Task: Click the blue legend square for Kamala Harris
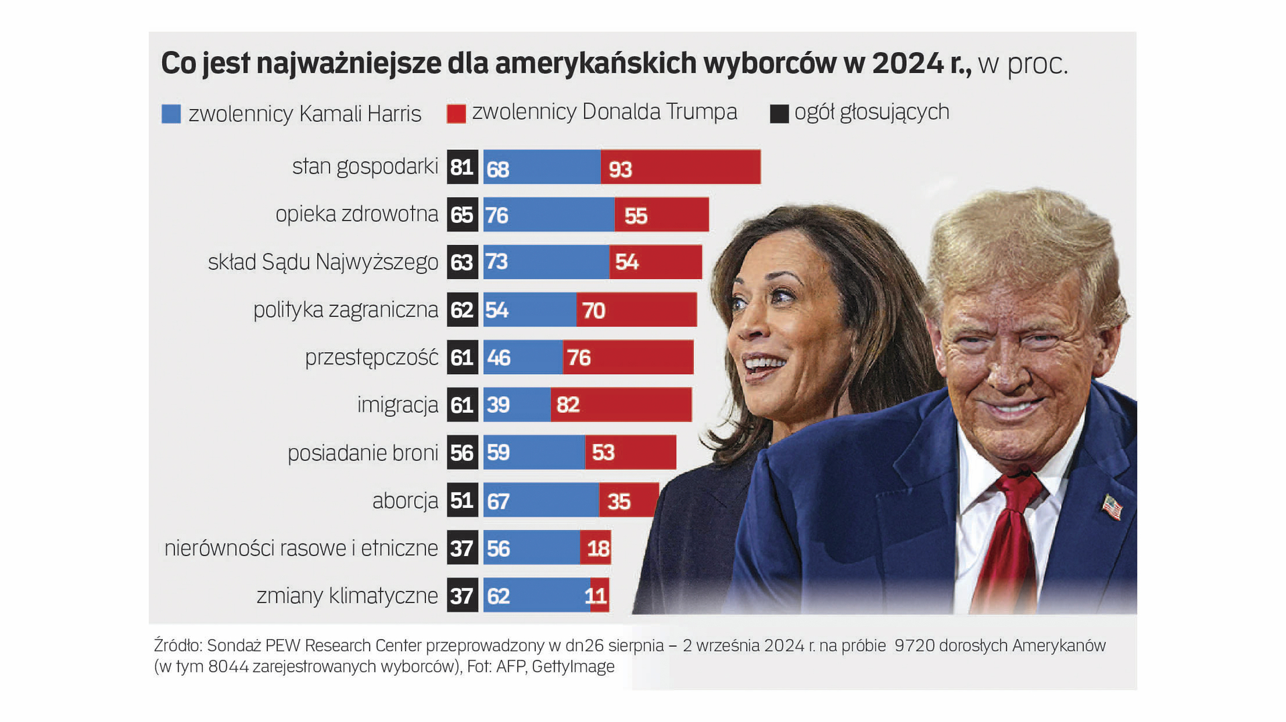(171, 114)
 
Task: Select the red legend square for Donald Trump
(456, 114)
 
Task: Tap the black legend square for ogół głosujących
(779, 114)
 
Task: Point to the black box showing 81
(462, 167)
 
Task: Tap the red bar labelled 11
(599, 595)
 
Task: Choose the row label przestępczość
(372, 358)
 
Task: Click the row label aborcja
(405, 501)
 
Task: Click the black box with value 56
(462, 453)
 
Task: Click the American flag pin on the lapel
(1112, 507)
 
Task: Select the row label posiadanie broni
(363, 453)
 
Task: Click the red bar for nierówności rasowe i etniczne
(595, 548)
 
